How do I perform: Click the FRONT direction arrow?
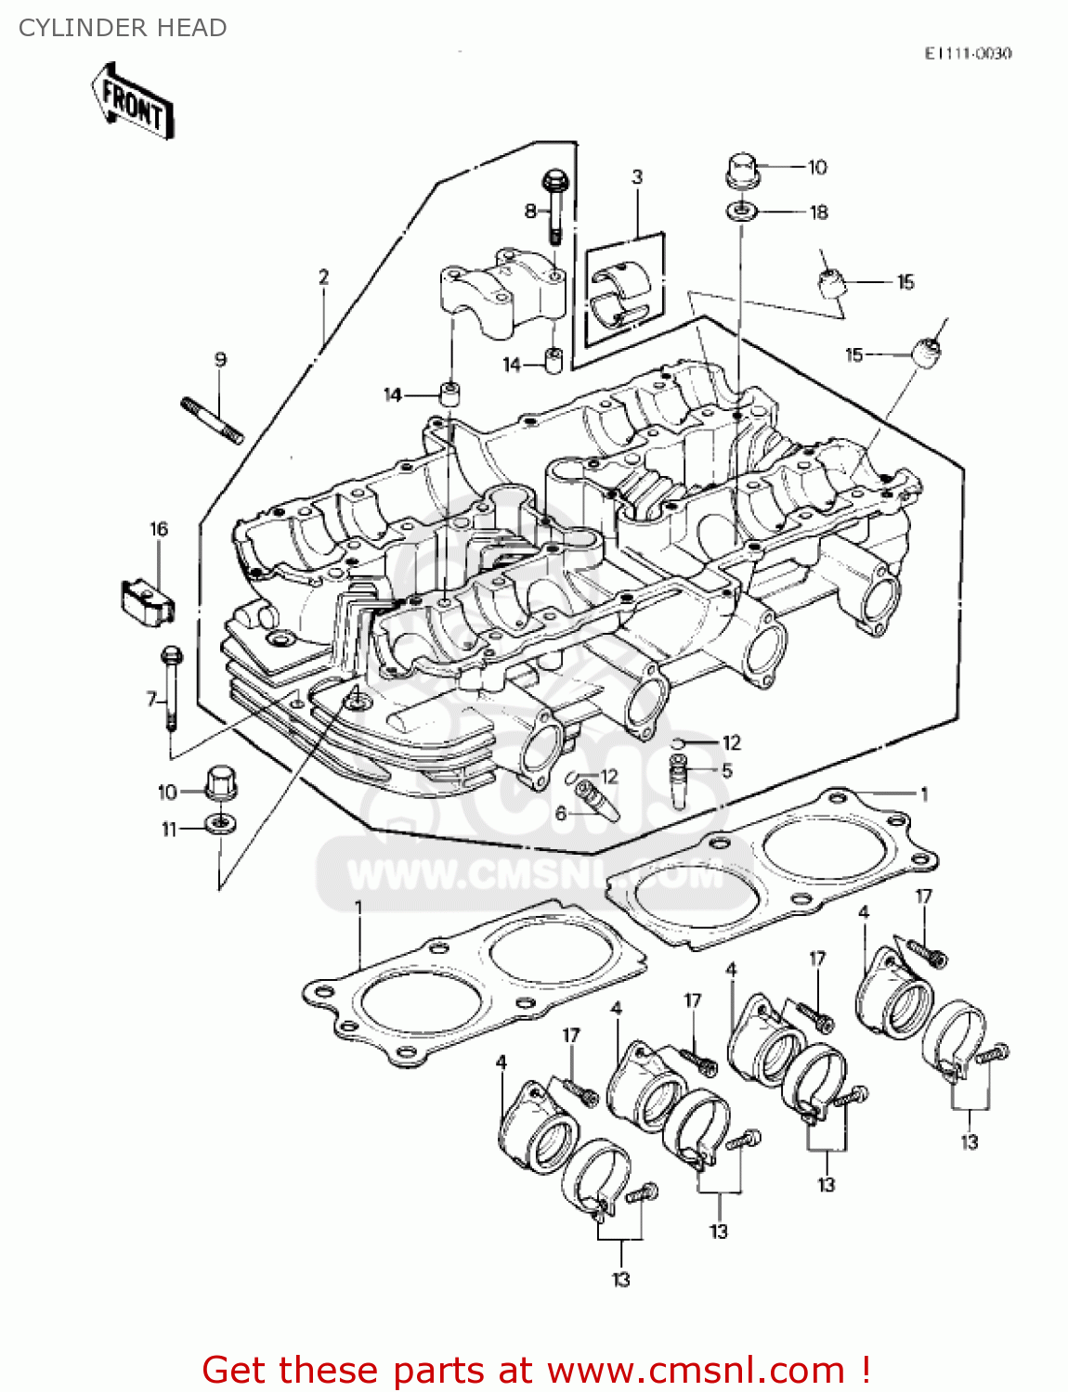coord(133,102)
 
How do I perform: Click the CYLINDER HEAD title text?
coord(123,28)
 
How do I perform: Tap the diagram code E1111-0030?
coord(967,54)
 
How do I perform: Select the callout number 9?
coord(220,360)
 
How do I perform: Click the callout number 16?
coord(159,529)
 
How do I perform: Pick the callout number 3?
coord(637,177)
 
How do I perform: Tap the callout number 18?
coord(818,213)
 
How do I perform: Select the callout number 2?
coord(323,277)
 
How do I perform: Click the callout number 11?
coord(169,829)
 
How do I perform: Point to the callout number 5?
coord(727,770)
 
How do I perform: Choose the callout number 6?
coord(560,814)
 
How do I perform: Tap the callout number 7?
coord(151,699)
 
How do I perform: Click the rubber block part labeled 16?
coord(149,600)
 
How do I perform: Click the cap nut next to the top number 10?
coord(741,172)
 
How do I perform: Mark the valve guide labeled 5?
coord(681,781)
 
